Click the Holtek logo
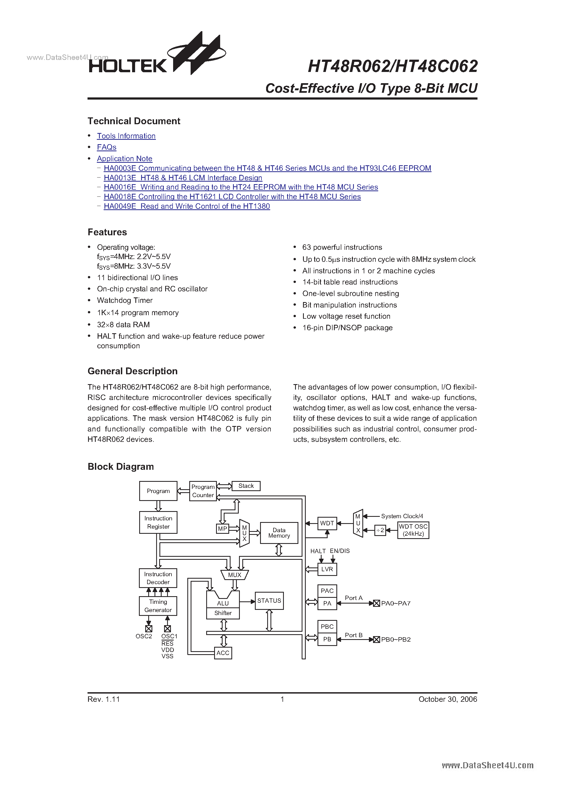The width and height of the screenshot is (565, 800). tap(157, 56)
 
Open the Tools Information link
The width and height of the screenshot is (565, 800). tap(126, 136)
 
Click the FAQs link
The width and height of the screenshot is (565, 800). tap(107, 147)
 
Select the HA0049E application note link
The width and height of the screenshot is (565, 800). tap(187, 206)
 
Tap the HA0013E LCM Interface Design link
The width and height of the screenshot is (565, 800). tap(183, 178)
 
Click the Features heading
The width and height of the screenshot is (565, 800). tap(107, 232)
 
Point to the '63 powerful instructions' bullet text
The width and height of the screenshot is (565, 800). tap(342, 247)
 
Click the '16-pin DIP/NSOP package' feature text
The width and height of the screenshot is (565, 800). tap(347, 328)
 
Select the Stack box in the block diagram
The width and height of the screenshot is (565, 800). tap(246, 486)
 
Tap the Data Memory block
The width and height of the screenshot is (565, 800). tap(279, 533)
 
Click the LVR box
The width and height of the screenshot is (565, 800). tap(327, 569)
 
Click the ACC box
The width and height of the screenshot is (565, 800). tap(223, 653)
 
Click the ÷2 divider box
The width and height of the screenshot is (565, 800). tap(380, 530)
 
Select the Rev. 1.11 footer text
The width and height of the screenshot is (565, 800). tap(103, 699)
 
